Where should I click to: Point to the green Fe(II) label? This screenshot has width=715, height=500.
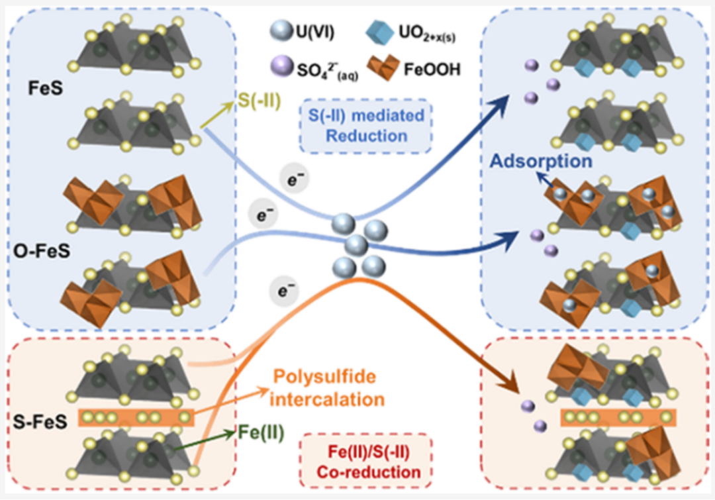coord(261,433)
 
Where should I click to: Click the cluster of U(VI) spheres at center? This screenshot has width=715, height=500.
coord(358,245)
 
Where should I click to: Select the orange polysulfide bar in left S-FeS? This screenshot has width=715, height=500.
coord(136,417)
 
